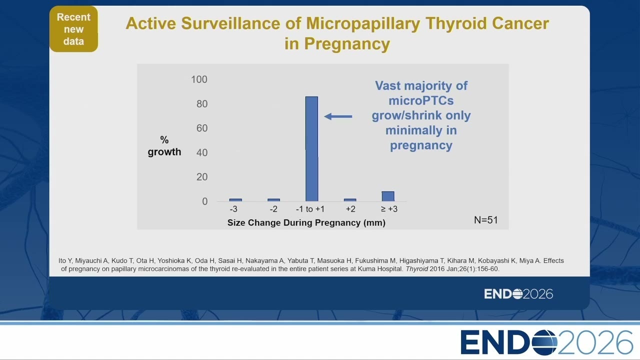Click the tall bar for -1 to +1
tap(311, 149)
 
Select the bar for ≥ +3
tap(388, 196)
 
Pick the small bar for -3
tap(235, 200)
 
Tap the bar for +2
tap(350, 200)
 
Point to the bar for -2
tap(273, 200)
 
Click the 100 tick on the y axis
tap(199, 79)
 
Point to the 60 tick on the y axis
tap(202, 128)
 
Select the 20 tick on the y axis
tap(202, 177)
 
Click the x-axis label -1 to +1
tap(310, 209)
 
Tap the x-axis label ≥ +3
tap(389, 209)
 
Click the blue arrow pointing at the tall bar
tap(338, 116)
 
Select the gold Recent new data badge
tap(73, 29)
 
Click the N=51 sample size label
tap(485, 220)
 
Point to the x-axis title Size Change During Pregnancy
tap(306, 222)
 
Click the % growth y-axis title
tap(164, 145)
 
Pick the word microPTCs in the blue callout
tap(421, 100)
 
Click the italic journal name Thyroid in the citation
tap(417, 269)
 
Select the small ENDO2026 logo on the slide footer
tap(518, 294)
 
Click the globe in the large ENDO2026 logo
tap(544, 342)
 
